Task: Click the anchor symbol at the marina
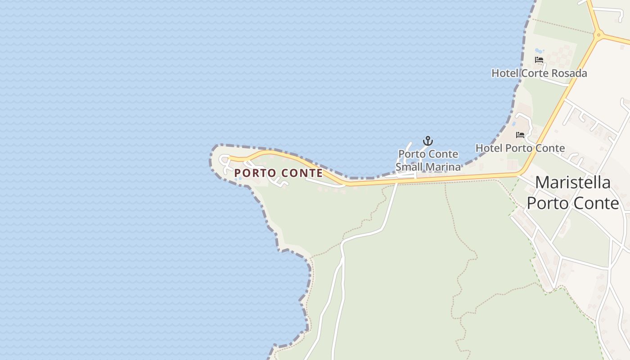point(427,141)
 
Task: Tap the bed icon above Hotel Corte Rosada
point(539,60)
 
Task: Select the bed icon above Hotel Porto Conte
point(520,135)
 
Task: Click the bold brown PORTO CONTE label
point(279,173)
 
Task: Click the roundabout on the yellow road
point(598,34)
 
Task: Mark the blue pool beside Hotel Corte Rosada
point(539,51)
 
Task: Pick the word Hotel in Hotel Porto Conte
point(489,148)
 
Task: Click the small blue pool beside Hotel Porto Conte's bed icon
point(513,123)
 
